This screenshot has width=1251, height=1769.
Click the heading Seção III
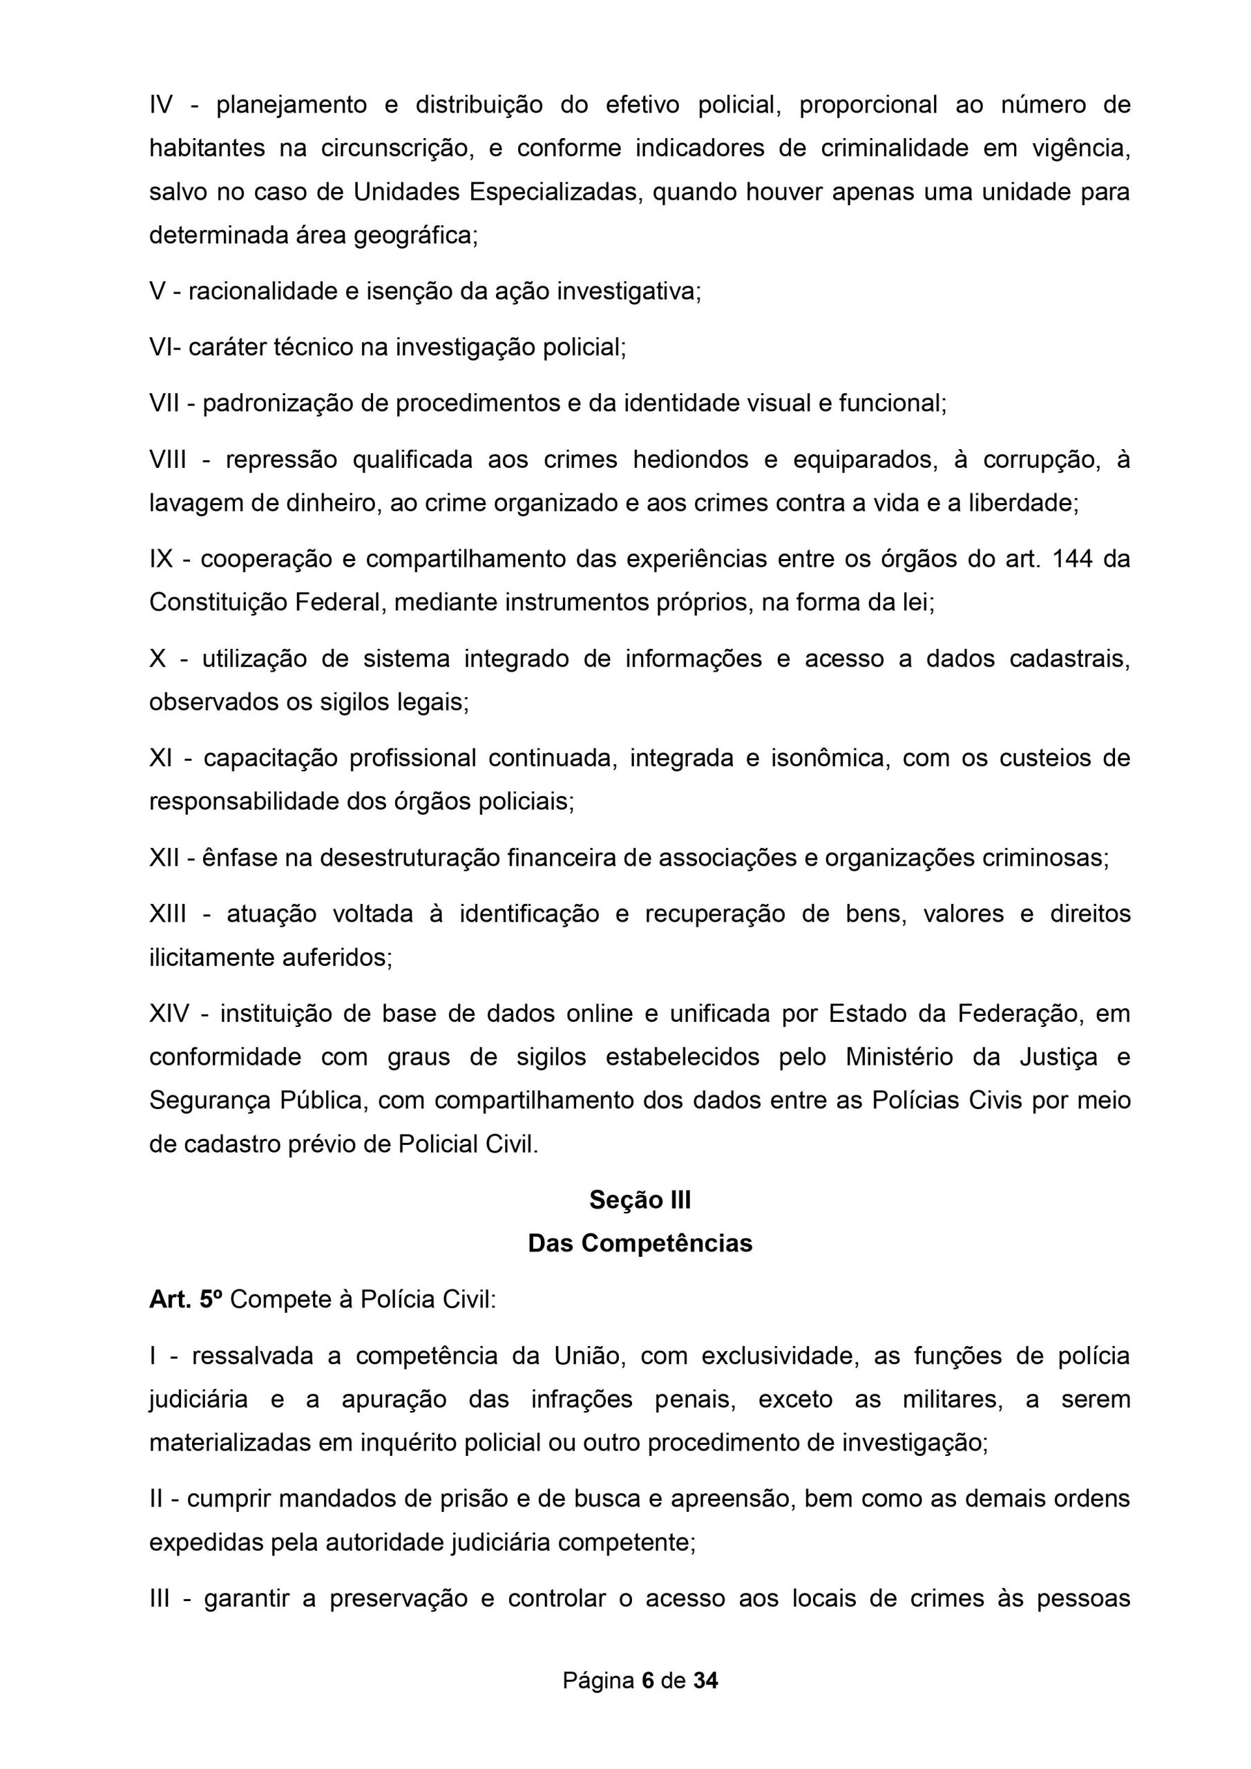(x=640, y=1200)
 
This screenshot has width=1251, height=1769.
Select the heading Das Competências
(x=640, y=1244)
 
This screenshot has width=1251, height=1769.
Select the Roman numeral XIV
(x=169, y=1013)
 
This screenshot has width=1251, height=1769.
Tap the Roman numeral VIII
(x=169, y=460)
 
